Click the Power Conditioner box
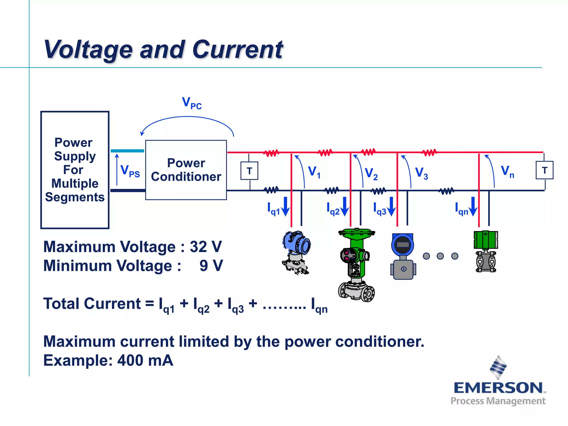coord(186,170)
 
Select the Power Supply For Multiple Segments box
coord(75,170)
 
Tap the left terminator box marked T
coord(249,171)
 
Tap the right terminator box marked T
coord(544,170)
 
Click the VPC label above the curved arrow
coord(192,103)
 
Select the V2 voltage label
coord(371,174)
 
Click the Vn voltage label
coord(508,171)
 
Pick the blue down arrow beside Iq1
coord(285,207)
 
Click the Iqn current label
coord(461,209)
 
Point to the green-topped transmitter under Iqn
coord(486,251)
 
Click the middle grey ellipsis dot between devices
coord(440,256)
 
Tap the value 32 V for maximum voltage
coord(206,247)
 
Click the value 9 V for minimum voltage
coord(211,266)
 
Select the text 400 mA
coord(145,360)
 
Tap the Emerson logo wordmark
coord(498,387)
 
